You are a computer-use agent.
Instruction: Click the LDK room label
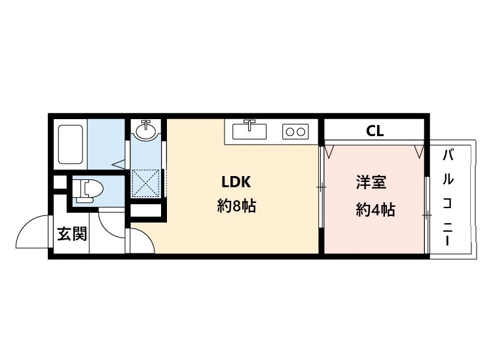(x=236, y=182)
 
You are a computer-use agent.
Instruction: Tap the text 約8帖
(x=236, y=207)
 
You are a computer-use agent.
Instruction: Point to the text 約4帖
(x=375, y=209)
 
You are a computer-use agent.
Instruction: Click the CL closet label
(x=374, y=131)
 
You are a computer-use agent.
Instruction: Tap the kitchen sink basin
(x=249, y=132)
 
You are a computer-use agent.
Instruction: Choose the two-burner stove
(x=295, y=132)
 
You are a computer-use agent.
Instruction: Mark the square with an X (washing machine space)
(x=146, y=181)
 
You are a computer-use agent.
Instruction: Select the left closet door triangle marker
(x=330, y=151)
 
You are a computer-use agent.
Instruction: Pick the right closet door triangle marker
(x=418, y=151)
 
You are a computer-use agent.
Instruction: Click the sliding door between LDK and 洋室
(x=321, y=188)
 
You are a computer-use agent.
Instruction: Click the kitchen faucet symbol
(x=249, y=122)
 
